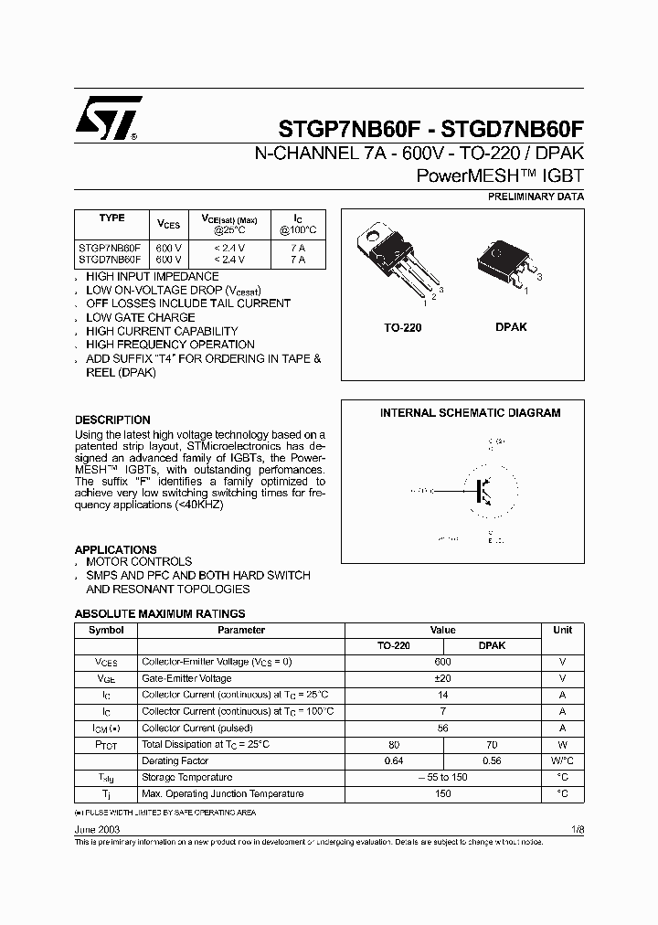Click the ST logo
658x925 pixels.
(x=109, y=119)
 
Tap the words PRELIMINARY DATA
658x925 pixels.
(x=536, y=197)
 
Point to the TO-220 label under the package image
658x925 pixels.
(x=402, y=327)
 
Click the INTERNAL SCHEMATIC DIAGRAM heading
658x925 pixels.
(x=470, y=413)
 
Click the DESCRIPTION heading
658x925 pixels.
(x=112, y=420)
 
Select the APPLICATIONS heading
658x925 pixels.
(x=115, y=549)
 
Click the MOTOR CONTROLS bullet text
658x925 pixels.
(x=139, y=561)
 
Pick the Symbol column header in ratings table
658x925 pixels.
(x=105, y=630)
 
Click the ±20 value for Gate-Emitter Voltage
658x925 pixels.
(x=442, y=678)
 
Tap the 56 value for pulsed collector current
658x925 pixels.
(x=442, y=728)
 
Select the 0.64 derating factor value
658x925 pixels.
(x=394, y=760)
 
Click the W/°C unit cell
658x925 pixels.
(x=562, y=760)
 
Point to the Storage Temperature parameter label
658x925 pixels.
(x=186, y=777)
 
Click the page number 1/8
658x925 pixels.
(x=576, y=828)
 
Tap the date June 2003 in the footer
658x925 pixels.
(x=97, y=828)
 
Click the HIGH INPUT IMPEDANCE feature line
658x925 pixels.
(x=152, y=276)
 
